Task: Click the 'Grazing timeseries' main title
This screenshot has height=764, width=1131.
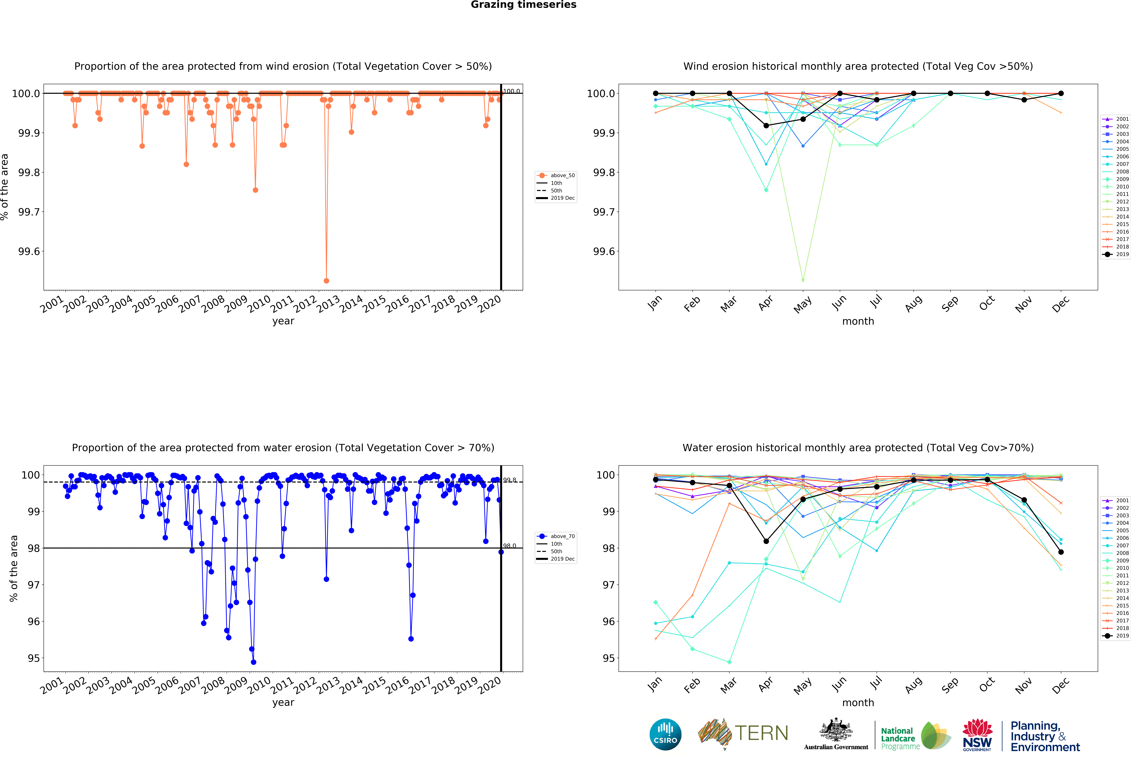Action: tap(523, 5)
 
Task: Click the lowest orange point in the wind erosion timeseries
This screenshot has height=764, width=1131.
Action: tap(326, 281)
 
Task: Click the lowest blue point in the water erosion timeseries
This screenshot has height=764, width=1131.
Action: tap(253, 662)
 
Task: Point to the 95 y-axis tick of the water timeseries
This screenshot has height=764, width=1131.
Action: tap(34, 658)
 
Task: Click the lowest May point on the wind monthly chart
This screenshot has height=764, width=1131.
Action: tap(803, 281)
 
